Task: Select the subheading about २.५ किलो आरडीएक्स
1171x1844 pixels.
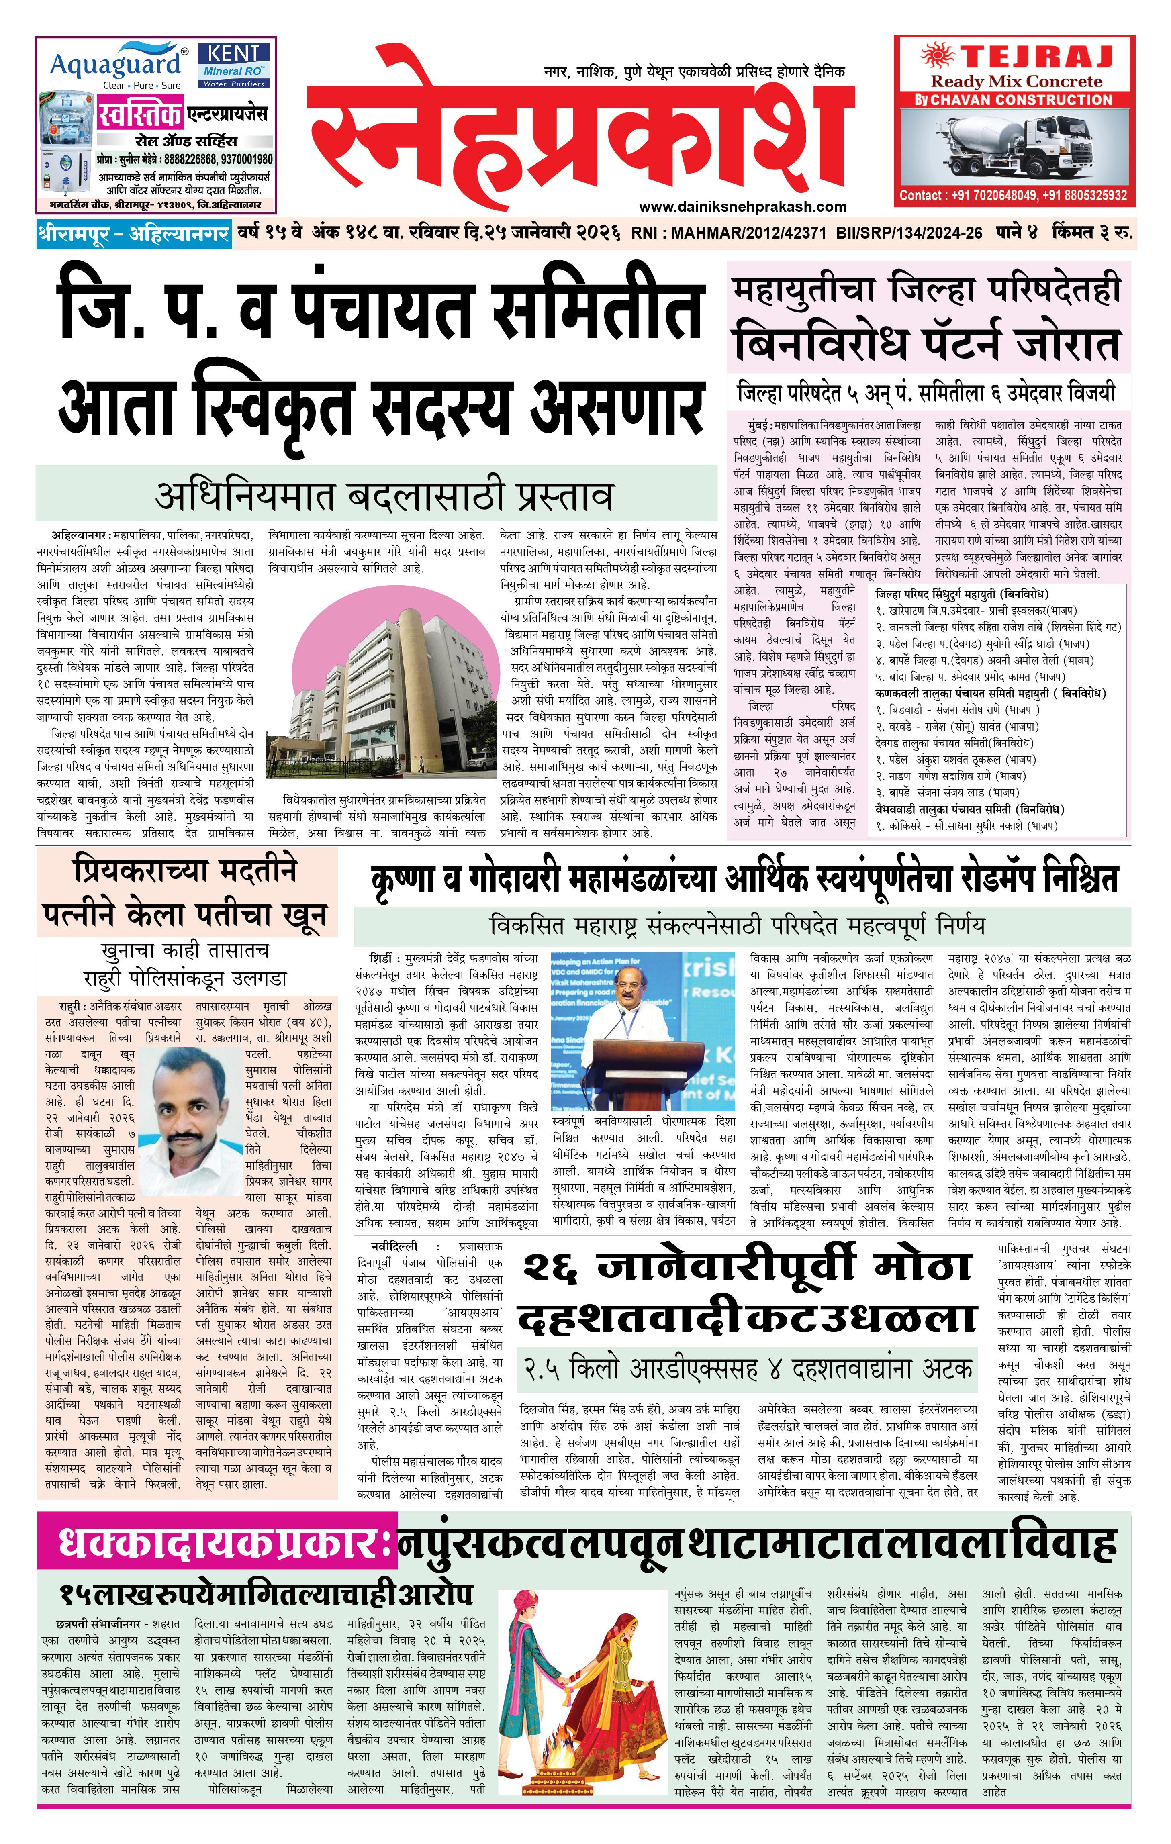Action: click(x=747, y=1368)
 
